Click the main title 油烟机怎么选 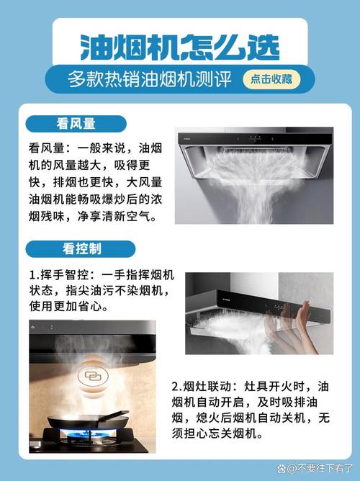180,47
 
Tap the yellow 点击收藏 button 271,79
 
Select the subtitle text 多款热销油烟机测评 149,79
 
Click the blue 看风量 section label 76,124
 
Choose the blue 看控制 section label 81,249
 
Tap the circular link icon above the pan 93,375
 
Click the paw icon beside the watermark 282,469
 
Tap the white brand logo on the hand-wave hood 229,297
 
